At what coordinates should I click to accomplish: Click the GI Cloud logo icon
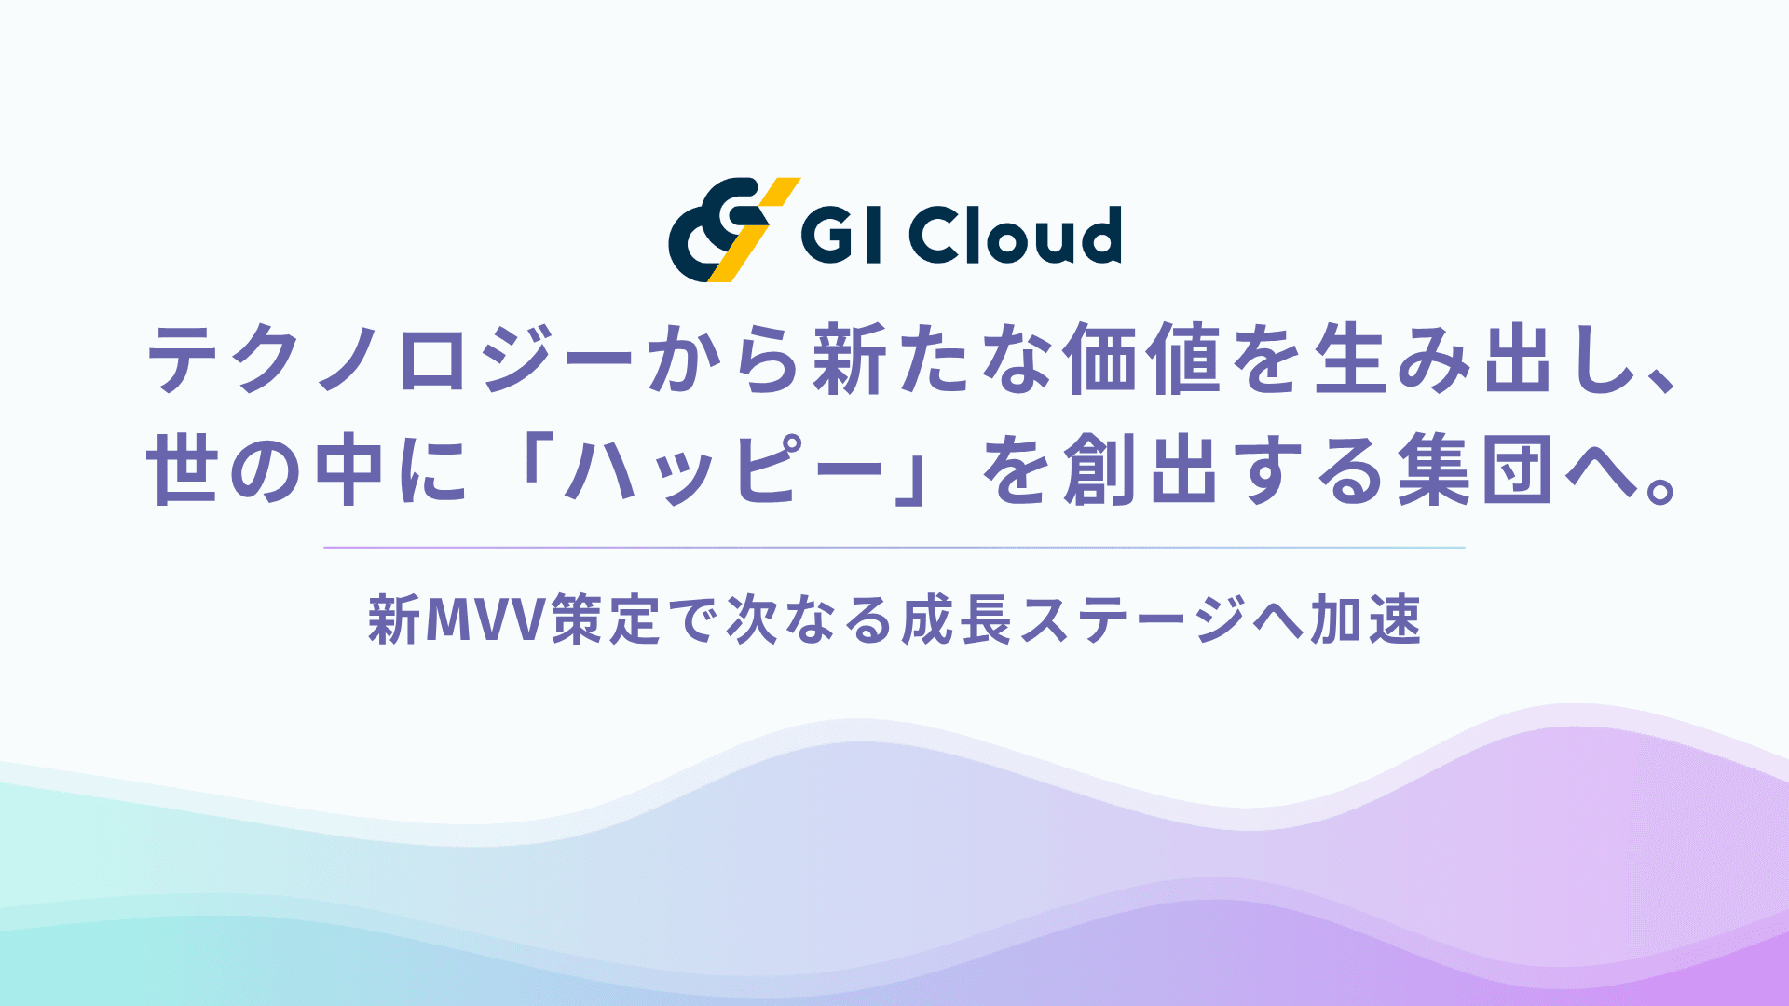[x=733, y=229]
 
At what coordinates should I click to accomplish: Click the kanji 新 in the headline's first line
[x=848, y=359]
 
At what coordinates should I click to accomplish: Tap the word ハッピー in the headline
[x=725, y=470]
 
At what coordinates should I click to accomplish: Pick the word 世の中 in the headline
[x=266, y=470]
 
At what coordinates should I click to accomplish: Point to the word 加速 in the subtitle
[x=1366, y=620]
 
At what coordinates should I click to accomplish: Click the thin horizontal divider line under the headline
[x=894, y=548]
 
